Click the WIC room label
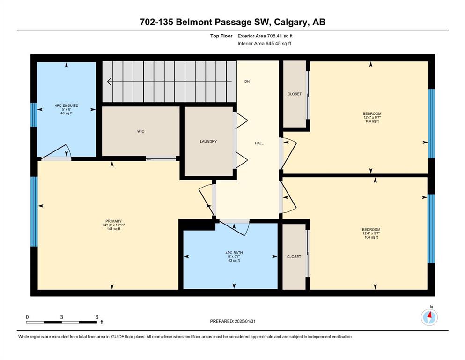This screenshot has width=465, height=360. point(140,131)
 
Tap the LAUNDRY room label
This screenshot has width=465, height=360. point(208,141)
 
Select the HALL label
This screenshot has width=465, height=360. point(259,143)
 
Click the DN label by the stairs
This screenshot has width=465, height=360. point(247,82)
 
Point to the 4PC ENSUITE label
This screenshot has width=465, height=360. point(66,105)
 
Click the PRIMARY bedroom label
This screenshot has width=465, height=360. point(114,221)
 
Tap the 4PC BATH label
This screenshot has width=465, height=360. point(234,253)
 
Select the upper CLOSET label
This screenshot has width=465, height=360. point(295,94)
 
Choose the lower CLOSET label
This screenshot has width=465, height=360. point(294,257)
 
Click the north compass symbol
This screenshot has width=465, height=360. point(429,317)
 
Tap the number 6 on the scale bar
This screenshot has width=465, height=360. point(96,317)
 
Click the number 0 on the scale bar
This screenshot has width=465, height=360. point(27,317)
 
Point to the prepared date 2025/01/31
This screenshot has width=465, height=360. point(245,321)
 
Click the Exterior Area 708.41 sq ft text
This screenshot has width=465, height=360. point(265,36)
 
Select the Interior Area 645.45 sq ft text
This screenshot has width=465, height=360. point(264,43)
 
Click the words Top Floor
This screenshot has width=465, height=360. point(221,36)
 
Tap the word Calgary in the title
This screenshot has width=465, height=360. point(291,22)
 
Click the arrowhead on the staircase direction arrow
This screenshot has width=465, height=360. point(109,82)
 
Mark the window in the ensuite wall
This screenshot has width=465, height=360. point(34,115)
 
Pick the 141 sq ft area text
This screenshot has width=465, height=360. point(114,229)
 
